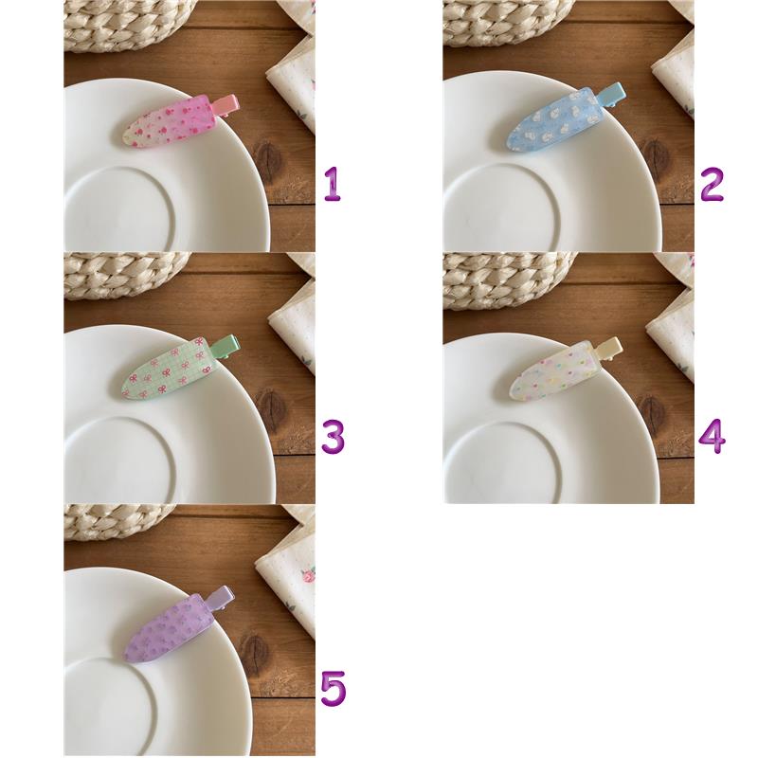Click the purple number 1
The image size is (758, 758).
333,184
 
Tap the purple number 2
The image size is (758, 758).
712,184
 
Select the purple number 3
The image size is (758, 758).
334,437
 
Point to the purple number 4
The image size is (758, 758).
713,437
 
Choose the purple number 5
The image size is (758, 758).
334,689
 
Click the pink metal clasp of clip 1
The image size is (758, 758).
226,104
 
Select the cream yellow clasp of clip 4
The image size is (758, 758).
609,348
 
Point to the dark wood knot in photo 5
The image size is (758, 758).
255,656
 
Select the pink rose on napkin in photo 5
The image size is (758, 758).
307,576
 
